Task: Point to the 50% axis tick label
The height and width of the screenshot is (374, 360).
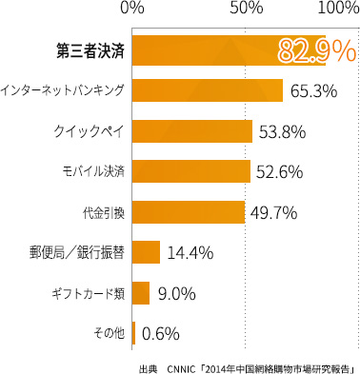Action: (x=247, y=10)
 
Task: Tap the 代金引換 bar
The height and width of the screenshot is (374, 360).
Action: (x=189, y=211)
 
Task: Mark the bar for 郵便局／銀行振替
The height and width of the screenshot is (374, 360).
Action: (x=147, y=252)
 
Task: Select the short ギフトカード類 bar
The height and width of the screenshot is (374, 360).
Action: (x=141, y=292)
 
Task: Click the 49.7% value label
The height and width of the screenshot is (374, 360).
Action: (x=273, y=212)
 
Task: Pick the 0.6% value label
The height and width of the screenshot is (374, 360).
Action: (x=160, y=334)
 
